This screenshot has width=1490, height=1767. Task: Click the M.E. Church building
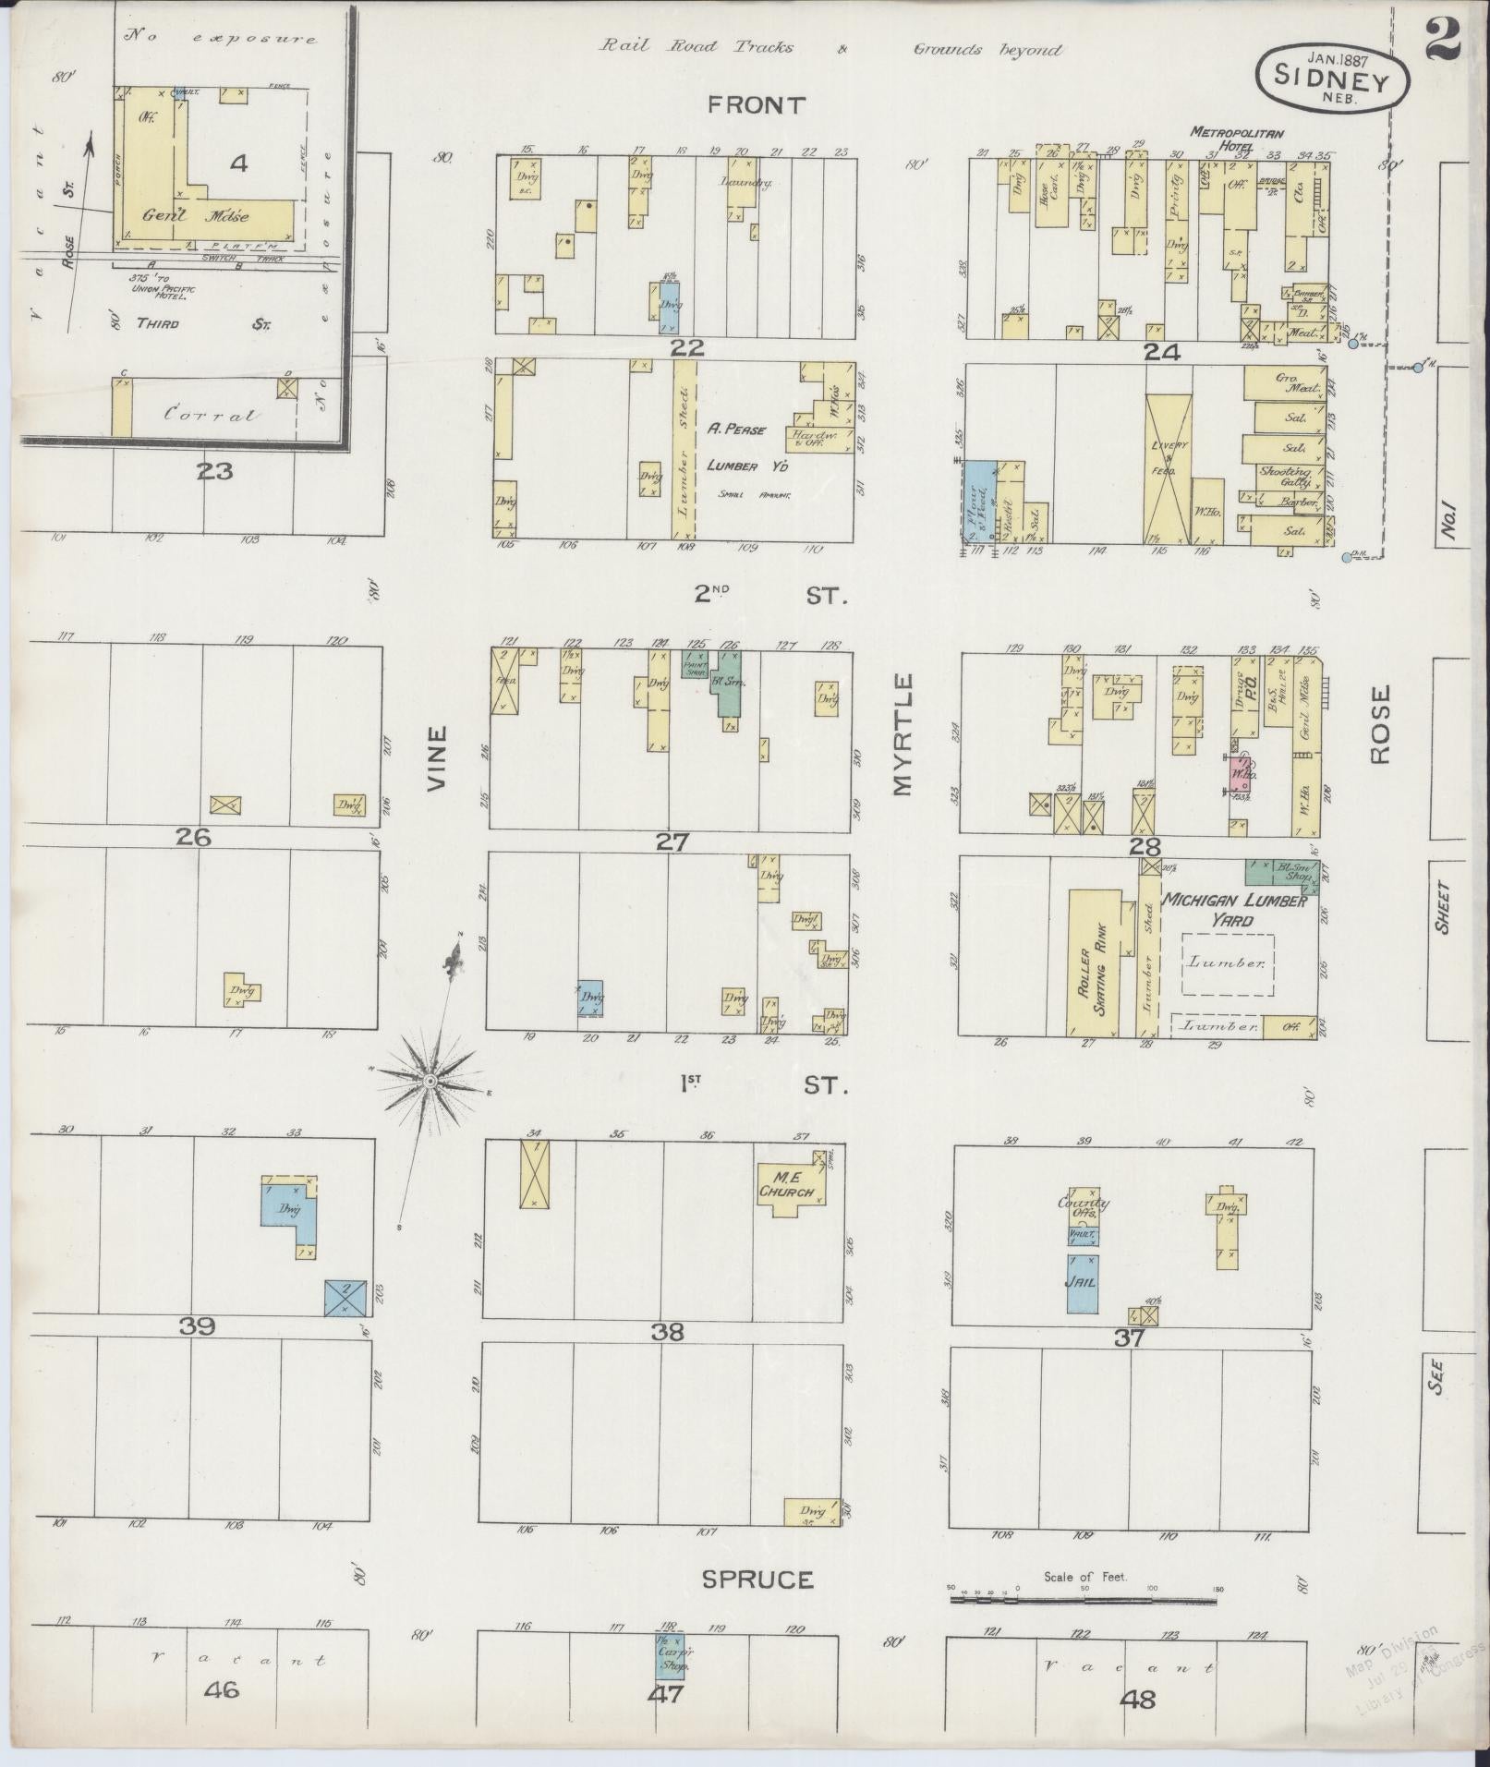click(789, 1190)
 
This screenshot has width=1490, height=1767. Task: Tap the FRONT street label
click(757, 105)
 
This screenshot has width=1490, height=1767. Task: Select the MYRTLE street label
click(902, 735)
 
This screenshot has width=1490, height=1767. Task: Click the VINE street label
click(436, 758)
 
